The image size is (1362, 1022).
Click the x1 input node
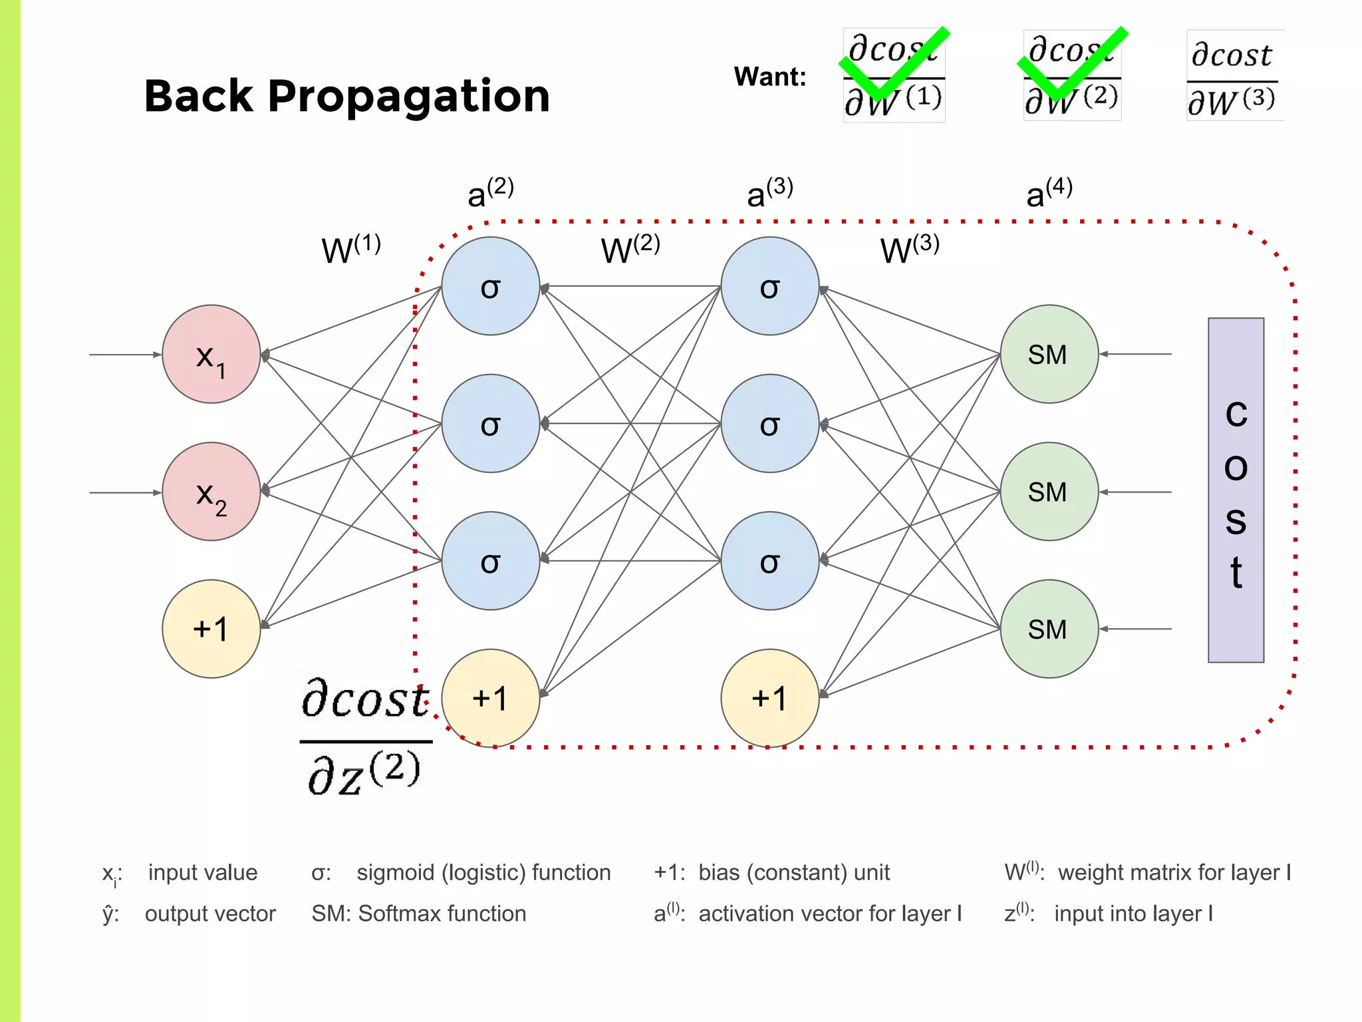point(211,354)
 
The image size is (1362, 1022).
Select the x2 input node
point(211,492)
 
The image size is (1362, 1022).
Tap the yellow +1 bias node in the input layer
point(211,629)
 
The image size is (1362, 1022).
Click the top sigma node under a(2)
point(490,286)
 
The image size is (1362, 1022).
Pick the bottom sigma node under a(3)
point(769,561)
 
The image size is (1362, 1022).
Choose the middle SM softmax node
point(1049,492)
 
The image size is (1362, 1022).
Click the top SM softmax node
point(1049,354)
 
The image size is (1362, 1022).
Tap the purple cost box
point(1236,490)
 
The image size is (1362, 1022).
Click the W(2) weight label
point(630,250)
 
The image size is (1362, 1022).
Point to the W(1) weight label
point(350,250)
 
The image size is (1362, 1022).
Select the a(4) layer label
point(1049,193)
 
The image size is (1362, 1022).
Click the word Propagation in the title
point(408,96)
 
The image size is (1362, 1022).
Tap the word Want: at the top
point(769,77)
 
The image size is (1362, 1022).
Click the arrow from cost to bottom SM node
point(1135,629)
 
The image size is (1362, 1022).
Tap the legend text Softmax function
point(442,914)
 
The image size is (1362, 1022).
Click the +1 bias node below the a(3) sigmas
point(769,698)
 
